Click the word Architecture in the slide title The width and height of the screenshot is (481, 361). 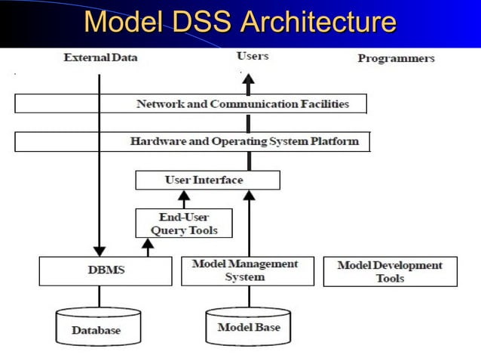click(x=317, y=22)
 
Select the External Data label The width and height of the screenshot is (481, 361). click(x=100, y=57)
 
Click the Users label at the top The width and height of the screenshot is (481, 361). click(x=252, y=56)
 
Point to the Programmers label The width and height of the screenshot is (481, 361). click(x=396, y=58)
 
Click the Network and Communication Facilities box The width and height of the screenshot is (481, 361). click(x=191, y=103)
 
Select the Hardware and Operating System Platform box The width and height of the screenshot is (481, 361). click(x=192, y=141)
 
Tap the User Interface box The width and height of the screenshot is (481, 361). click(x=207, y=180)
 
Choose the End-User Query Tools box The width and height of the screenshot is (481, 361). click(x=183, y=224)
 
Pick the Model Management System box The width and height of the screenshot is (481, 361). click(x=247, y=270)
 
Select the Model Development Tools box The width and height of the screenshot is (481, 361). click(x=390, y=271)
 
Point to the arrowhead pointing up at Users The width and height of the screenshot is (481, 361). click(x=249, y=79)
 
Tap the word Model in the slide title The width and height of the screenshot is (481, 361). click(x=120, y=22)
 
